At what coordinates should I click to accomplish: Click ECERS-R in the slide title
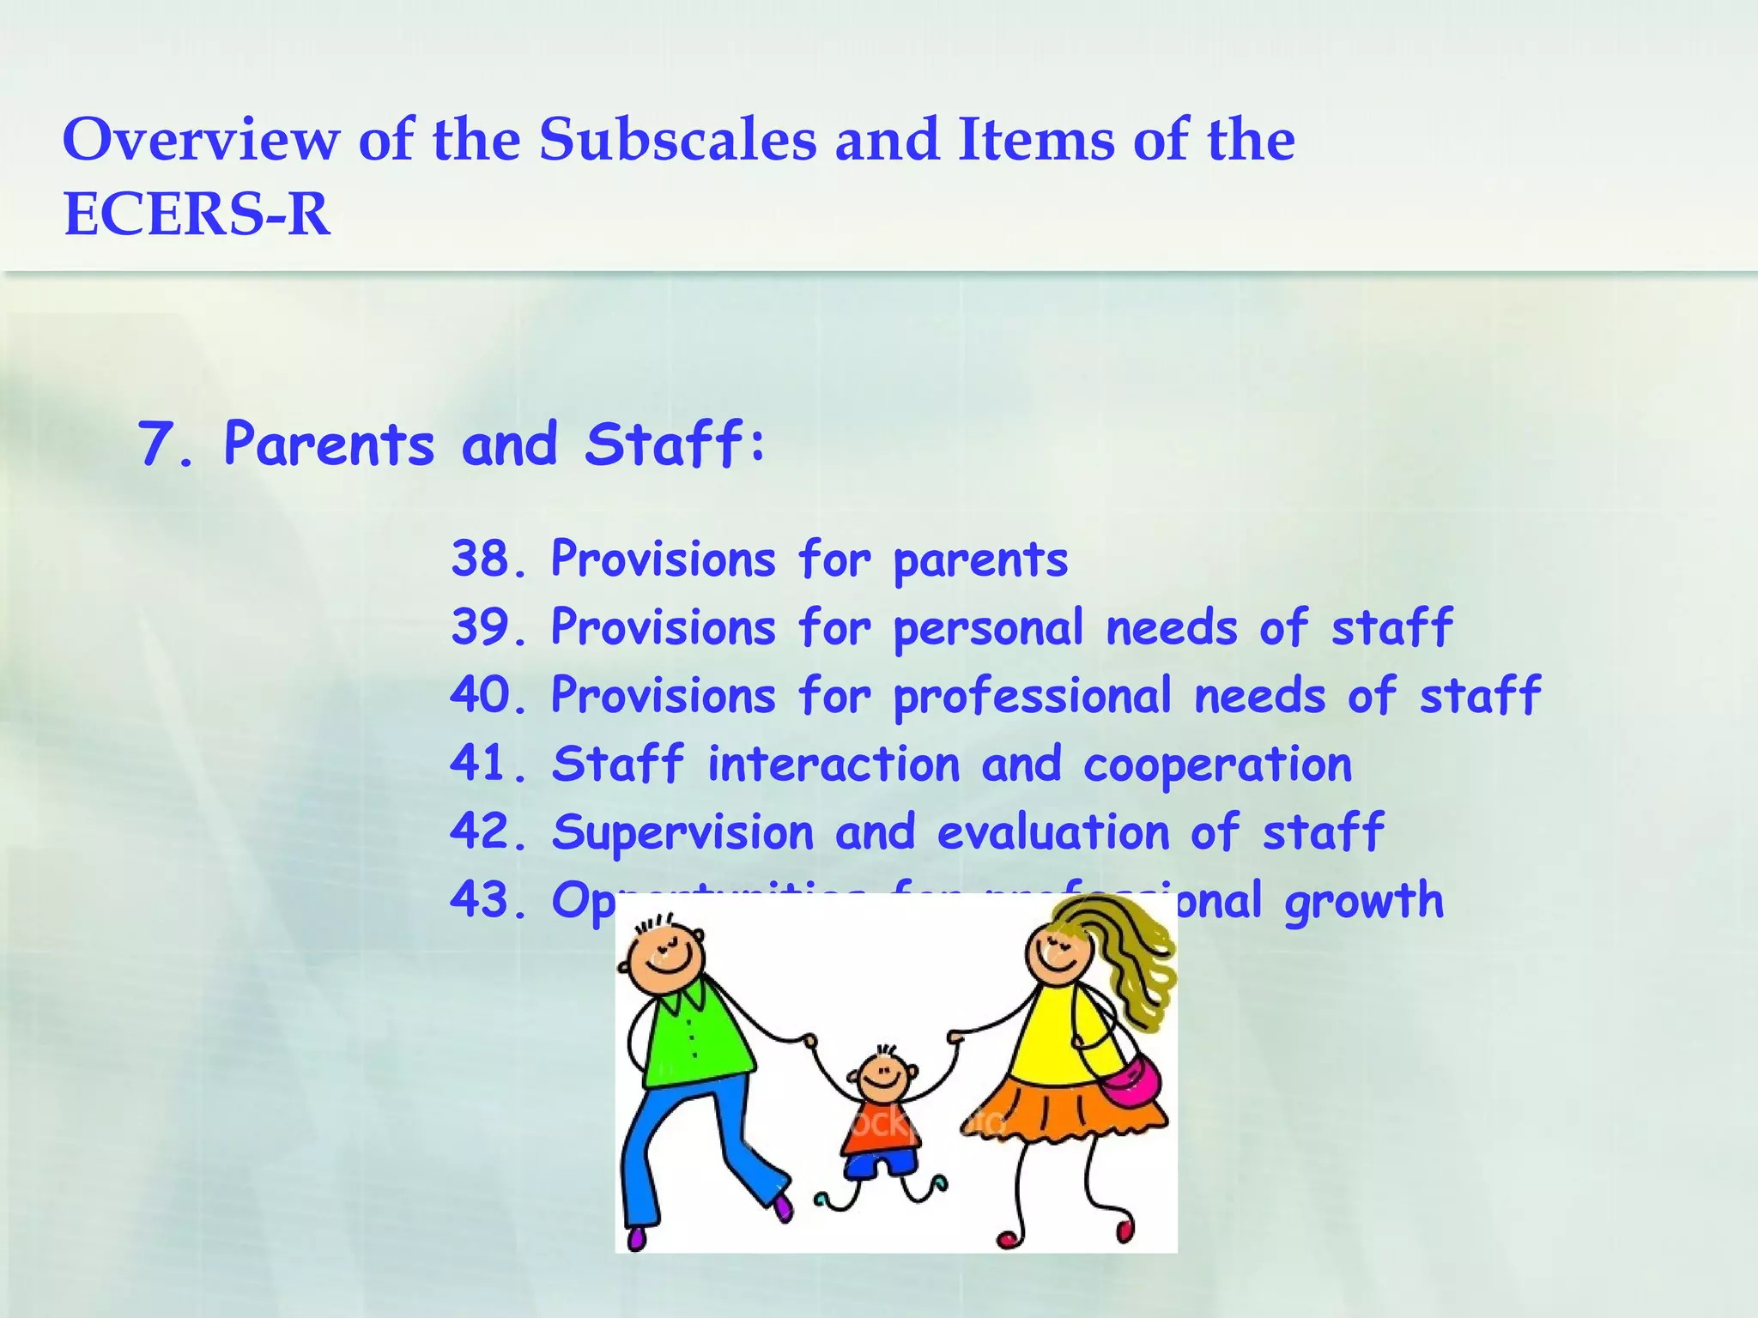coord(197,214)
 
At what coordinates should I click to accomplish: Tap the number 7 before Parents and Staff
coord(156,445)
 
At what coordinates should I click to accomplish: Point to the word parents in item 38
coord(980,561)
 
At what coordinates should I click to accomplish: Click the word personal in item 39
coord(989,628)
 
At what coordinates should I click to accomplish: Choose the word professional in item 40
coord(1033,696)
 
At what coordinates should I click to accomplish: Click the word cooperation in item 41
coord(1217,765)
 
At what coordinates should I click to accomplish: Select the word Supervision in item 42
coord(682,832)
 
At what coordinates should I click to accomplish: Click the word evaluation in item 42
coord(1053,832)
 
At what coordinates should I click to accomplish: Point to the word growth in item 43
coord(1364,901)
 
